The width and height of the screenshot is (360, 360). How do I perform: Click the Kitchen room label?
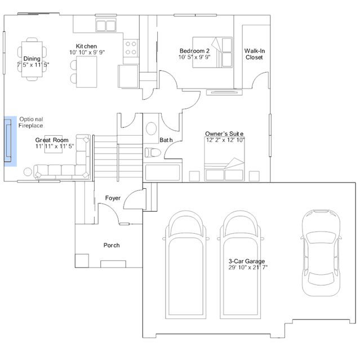click(x=86, y=46)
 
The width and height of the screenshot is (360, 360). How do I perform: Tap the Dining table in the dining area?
click(x=32, y=59)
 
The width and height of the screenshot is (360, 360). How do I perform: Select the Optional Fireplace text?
click(x=31, y=122)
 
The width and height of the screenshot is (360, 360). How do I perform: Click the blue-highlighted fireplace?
click(x=10, y=141)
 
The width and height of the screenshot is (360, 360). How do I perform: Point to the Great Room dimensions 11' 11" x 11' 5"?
click(x=55, y=146)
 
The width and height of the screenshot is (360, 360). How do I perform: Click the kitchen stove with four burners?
click(x=131, y=48)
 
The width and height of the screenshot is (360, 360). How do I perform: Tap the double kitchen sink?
click(x=106, y=25)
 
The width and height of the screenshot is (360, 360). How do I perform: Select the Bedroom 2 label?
click(x=194, y=51)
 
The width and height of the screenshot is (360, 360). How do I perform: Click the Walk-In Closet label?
click(x=255, y=54)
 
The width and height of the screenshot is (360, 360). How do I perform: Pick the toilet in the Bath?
click(x=153, y=153)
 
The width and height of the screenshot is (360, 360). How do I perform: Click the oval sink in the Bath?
click(x=152, y=128)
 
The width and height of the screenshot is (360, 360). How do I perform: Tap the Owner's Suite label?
click(x=224, y=134)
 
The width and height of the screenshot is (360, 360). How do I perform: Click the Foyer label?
click(x=113, y=198)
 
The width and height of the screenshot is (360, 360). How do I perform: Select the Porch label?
click(x=112, y=245)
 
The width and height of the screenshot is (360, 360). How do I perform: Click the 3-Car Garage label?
click(x=247, y=261)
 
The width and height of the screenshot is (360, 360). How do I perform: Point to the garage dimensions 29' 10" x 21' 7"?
click(x=248, y=267)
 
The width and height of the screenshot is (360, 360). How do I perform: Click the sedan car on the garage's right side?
click(x=321, y=253)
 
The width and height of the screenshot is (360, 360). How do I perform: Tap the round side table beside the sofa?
click(x=28, y=172)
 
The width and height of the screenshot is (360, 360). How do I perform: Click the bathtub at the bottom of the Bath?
click(x=163, y=172)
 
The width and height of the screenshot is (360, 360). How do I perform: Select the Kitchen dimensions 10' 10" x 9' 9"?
click(x=87, y=52)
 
